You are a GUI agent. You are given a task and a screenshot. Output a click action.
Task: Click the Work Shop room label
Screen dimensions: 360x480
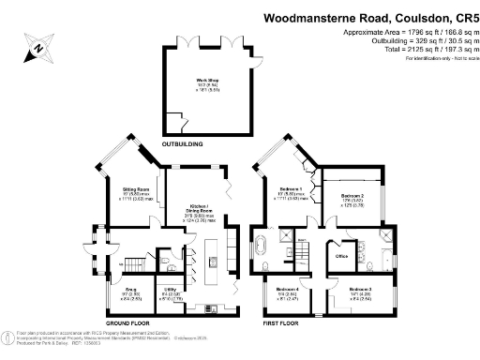coord(202,83)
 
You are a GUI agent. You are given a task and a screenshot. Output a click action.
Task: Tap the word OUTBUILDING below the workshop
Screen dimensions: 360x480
coord(183,144)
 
